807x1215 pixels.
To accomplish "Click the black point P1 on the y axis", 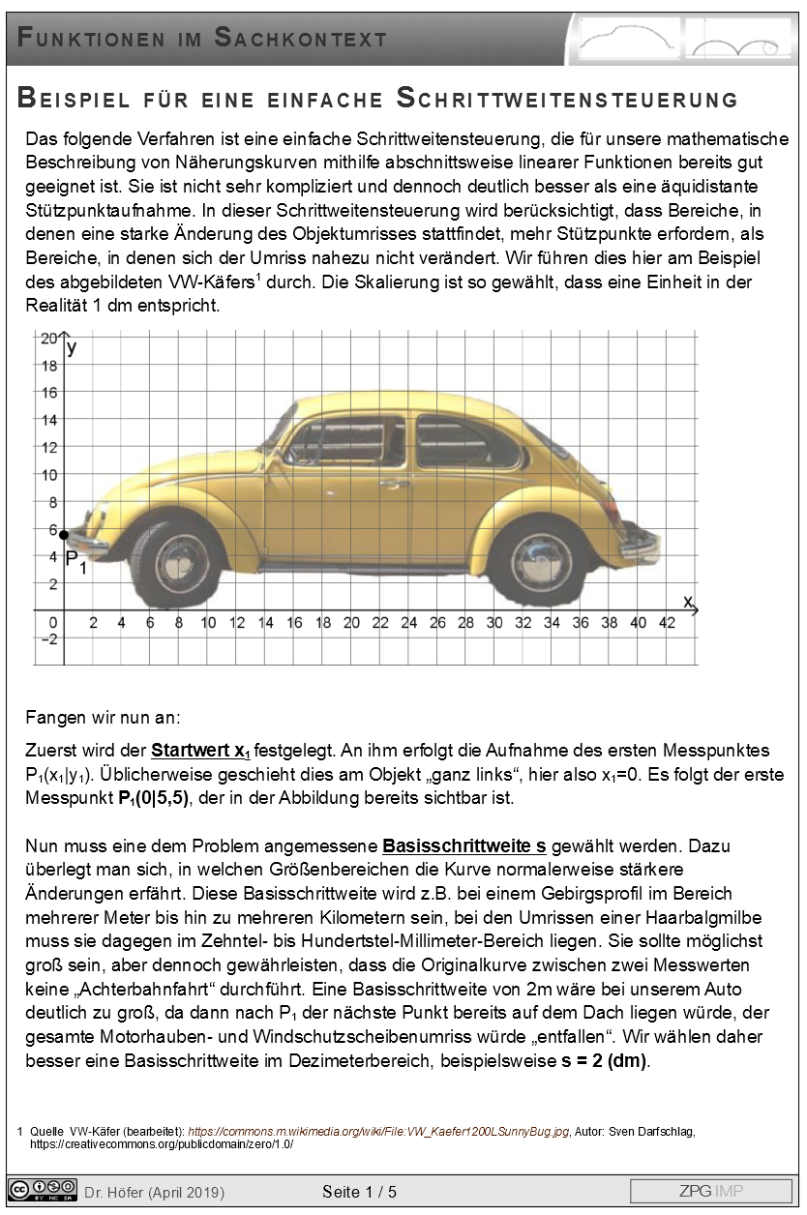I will [64, 534].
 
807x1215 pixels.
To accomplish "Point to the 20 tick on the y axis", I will [47, 339].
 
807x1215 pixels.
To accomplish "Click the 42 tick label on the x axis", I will [667, 623].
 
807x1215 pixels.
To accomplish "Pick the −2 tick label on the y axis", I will [46, 638].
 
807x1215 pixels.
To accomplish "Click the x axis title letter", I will [688, 602].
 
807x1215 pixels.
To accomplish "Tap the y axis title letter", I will [74, 346].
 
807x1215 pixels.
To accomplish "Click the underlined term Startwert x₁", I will [200, 751].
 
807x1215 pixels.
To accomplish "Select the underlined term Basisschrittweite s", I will [464, 845].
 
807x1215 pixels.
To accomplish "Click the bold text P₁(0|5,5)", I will [146, 797].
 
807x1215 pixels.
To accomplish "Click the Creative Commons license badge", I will [42, 1190].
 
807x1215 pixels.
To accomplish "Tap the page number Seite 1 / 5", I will [359, 1192].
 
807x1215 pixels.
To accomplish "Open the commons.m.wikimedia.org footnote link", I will [378, 1131].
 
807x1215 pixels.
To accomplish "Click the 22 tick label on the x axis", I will [380, 623].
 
